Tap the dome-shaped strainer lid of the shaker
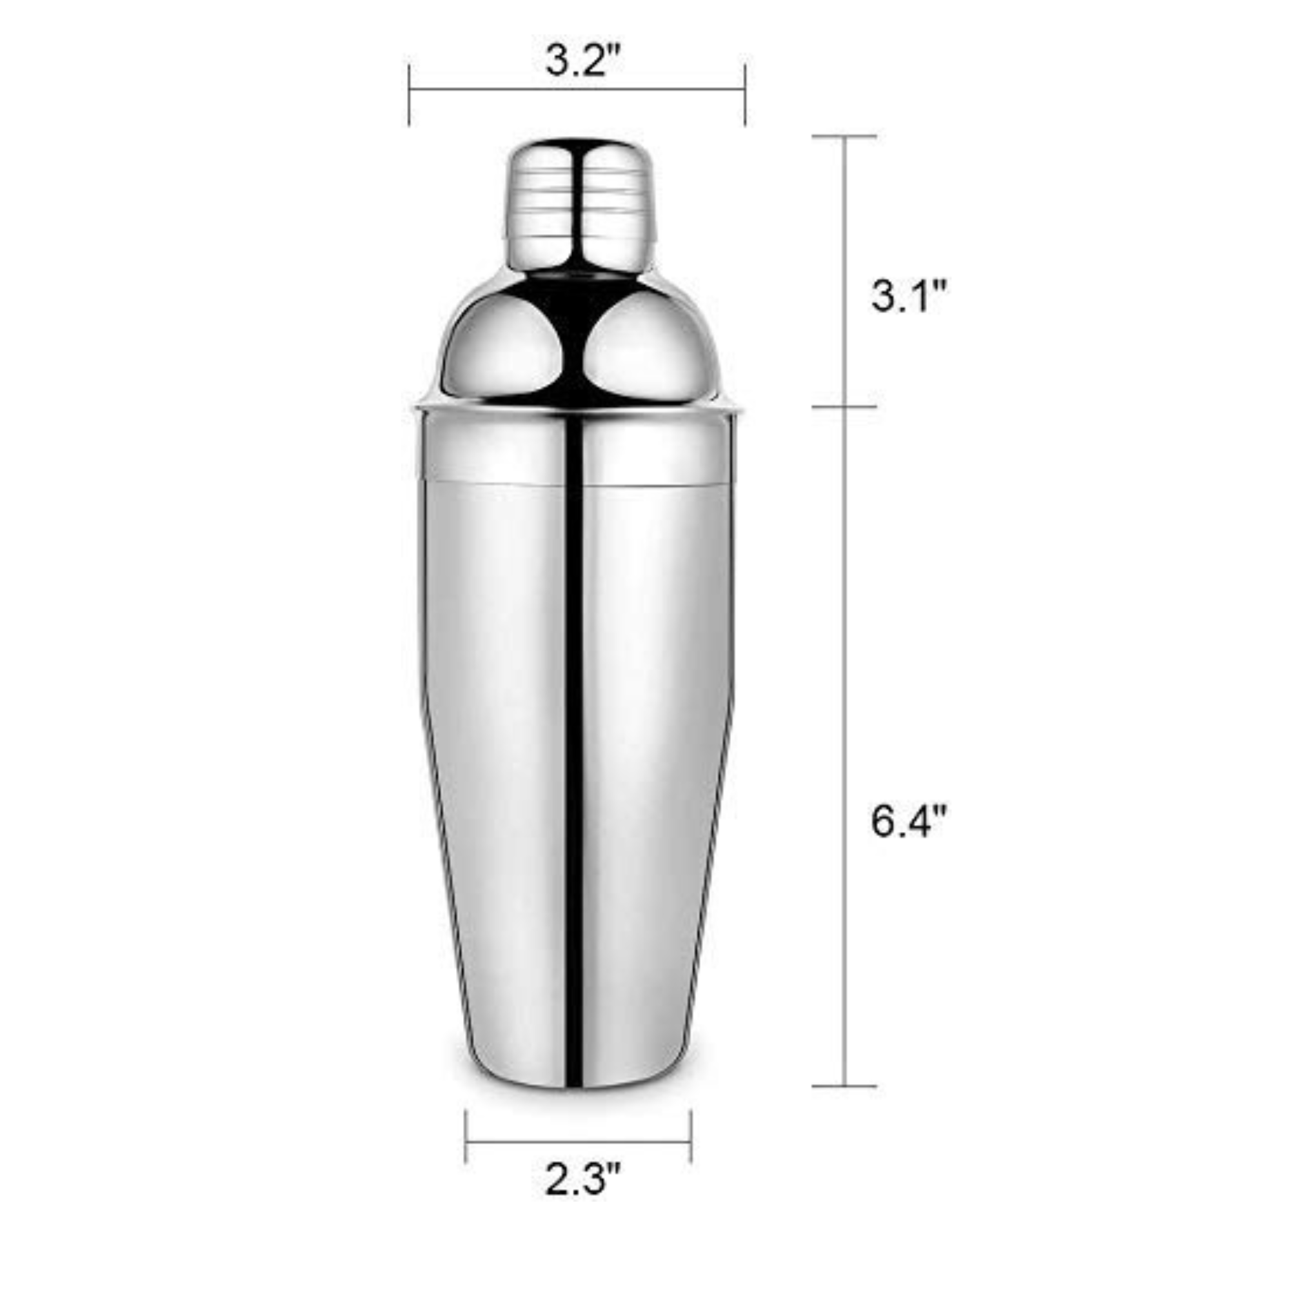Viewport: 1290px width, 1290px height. point(578,334)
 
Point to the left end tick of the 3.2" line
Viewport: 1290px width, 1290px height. point(410,95)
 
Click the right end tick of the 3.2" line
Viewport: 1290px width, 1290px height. point(745,95)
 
